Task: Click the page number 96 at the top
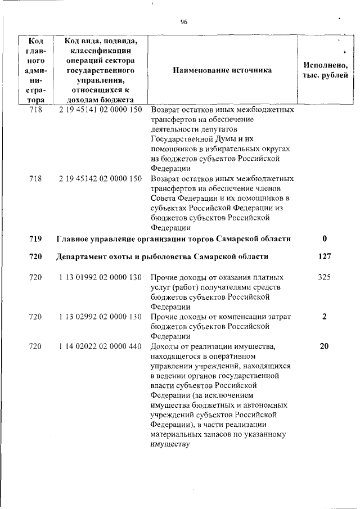pos(183,22)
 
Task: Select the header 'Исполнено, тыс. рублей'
pos(325,70)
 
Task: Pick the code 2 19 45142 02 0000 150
pos(100,179)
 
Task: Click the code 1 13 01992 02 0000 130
pos(100,277)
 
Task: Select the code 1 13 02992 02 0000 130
pos(100,317)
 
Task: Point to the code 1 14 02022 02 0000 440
pos(100,346)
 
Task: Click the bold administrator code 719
pos(35,238)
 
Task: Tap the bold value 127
pos(324,256)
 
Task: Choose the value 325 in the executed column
pos(324,277)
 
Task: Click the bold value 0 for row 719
pos(325,238)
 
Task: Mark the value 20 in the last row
pos(324,346)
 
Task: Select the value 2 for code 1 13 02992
pos(325,317)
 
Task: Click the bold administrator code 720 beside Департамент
pos(35,256)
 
